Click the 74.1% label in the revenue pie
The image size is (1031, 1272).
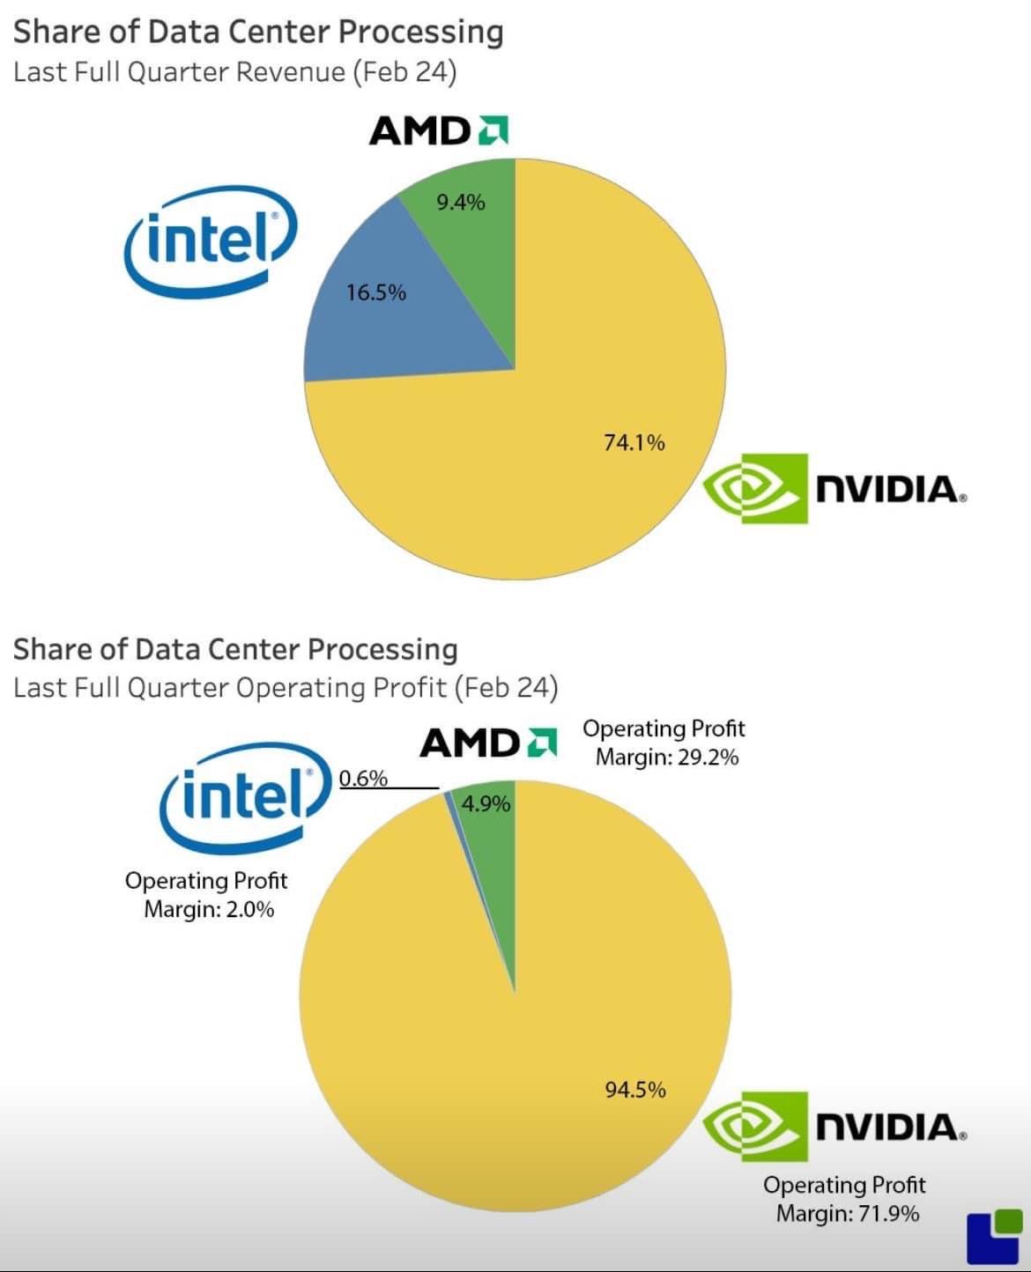(x=634, y=442)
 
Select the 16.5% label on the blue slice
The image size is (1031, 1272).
(x=376, y=292)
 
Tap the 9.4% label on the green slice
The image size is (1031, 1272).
(x=461, y=203)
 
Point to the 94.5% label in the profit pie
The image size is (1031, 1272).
(x=634, y=1090)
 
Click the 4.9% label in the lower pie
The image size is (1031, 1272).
(x=486, y=803)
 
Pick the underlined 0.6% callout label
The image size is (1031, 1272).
(x=363, y=778)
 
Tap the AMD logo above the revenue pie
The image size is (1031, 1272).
(x=438, y=131)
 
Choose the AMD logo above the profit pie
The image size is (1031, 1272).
(x=488, y=743)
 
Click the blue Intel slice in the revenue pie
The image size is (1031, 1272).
(x=388, y=326)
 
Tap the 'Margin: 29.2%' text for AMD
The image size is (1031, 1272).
(x=666, y=758)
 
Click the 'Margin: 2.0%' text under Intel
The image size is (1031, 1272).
(x=209, y=909)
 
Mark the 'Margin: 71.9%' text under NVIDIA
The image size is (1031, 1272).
(x=847, y=1214)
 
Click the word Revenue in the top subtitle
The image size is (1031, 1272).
(x=292, y=71)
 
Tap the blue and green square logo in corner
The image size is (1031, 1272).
(x=994, y=1236)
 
